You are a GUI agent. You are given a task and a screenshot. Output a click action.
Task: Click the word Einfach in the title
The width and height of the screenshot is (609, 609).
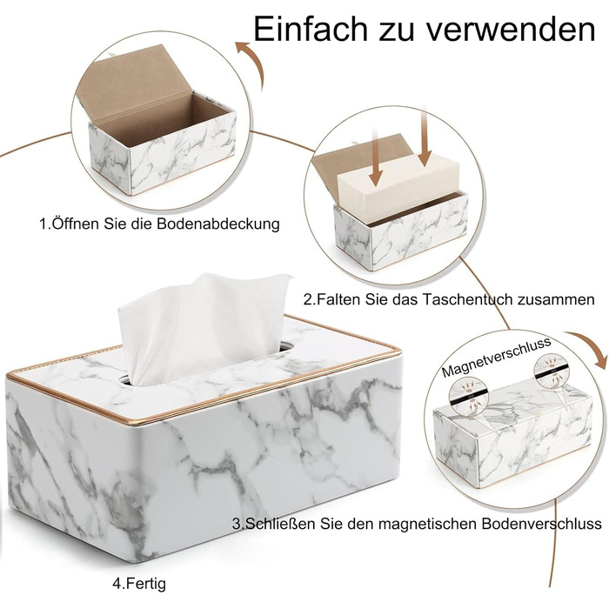pyautogui.click(x=311, y=29)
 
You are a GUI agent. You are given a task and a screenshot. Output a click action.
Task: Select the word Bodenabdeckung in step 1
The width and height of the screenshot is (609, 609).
pyautogui.click(x=218, y=224)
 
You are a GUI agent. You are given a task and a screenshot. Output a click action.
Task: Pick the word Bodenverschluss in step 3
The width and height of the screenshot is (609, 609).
pyautogui.click(x=542, y=523)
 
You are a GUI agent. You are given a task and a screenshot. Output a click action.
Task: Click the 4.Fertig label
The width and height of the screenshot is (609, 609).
pyautogui.click(x=139, y=584)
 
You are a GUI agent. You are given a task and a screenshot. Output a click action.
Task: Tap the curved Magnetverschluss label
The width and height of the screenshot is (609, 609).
pyautogui.click(x=496, y=358)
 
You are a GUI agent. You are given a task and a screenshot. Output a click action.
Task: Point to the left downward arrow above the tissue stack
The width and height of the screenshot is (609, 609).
pyautogui.click(x=375, y=157)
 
